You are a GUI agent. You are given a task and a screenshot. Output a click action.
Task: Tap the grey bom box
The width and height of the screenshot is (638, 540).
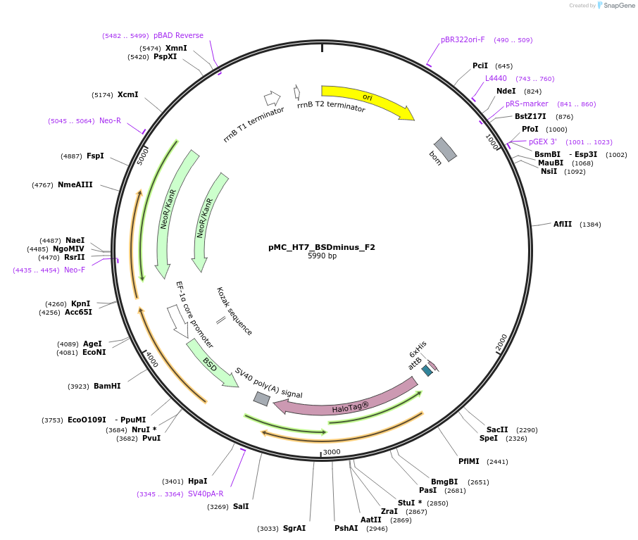[445, 149]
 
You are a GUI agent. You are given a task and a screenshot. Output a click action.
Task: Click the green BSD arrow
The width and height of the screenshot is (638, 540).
[211, 363]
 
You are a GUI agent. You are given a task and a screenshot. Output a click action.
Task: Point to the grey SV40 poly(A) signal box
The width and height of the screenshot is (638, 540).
[261, 398]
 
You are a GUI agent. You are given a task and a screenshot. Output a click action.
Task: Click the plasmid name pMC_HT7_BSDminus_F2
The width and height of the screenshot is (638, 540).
[322, 247]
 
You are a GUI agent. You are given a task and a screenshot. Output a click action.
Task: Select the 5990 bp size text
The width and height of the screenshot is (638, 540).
[322, 256]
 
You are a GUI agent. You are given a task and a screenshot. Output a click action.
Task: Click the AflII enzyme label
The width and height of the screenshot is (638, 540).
[563, 225]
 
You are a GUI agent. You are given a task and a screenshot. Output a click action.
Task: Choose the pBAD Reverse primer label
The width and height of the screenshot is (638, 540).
[178, 36]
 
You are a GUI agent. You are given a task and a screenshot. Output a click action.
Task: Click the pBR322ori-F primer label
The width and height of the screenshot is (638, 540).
[463, 40]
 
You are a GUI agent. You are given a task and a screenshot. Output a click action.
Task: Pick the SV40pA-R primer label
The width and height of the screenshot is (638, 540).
[205, 494]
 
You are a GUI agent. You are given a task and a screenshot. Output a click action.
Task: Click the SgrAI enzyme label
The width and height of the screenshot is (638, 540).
[294, 528]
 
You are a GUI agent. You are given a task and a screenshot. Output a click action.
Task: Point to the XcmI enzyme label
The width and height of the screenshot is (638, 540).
[127, 95]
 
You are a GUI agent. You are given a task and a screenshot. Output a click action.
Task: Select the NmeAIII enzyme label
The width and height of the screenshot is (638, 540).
[75, 185]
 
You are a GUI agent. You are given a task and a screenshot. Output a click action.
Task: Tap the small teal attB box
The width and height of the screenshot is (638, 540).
[427, 370]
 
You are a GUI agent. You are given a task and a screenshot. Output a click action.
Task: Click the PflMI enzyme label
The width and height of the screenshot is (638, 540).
[468, 462]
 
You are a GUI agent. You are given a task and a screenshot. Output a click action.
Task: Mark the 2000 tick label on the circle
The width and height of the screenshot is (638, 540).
[501, 342]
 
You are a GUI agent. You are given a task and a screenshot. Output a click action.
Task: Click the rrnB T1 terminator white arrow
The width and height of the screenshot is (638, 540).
[272, 98]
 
